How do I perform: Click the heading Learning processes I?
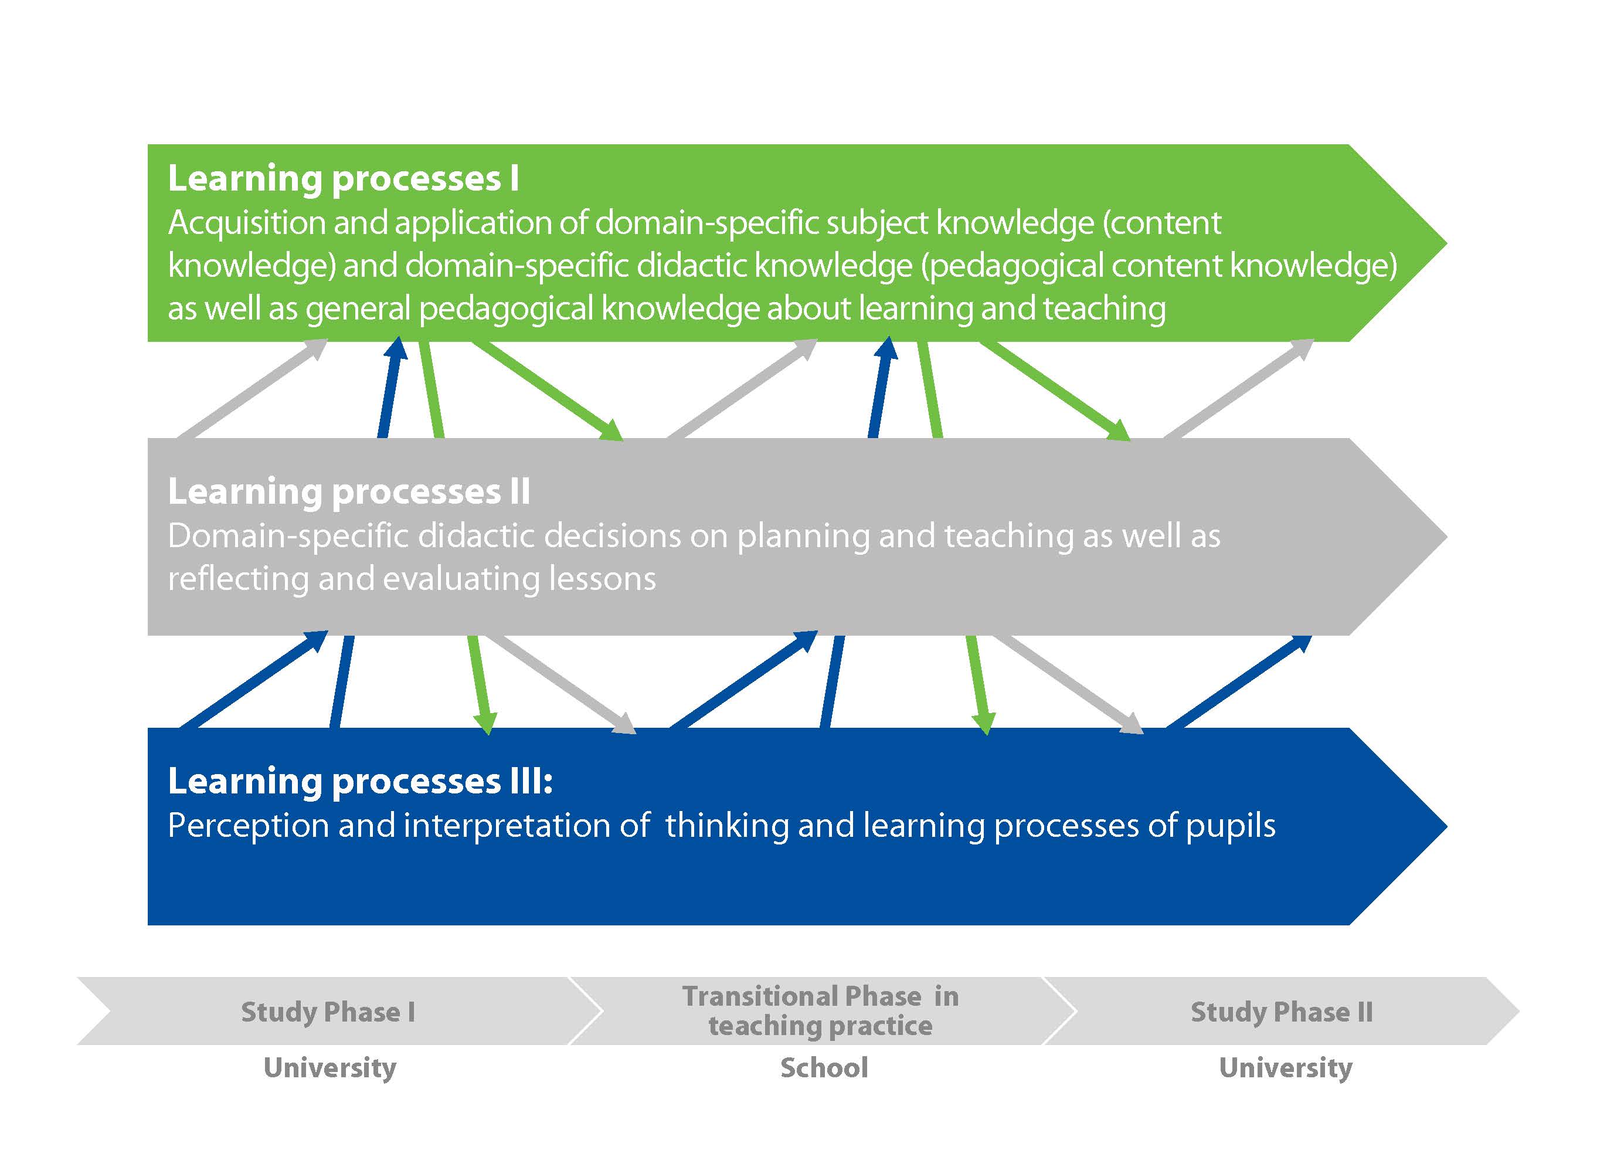344,178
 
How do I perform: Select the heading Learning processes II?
349,491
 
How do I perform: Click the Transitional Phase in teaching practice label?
820,1011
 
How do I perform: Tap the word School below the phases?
824,1068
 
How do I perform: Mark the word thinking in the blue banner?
726,826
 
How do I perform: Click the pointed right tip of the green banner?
1446,243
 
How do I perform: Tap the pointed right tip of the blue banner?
1446,826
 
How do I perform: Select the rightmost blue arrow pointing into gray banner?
1239,681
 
